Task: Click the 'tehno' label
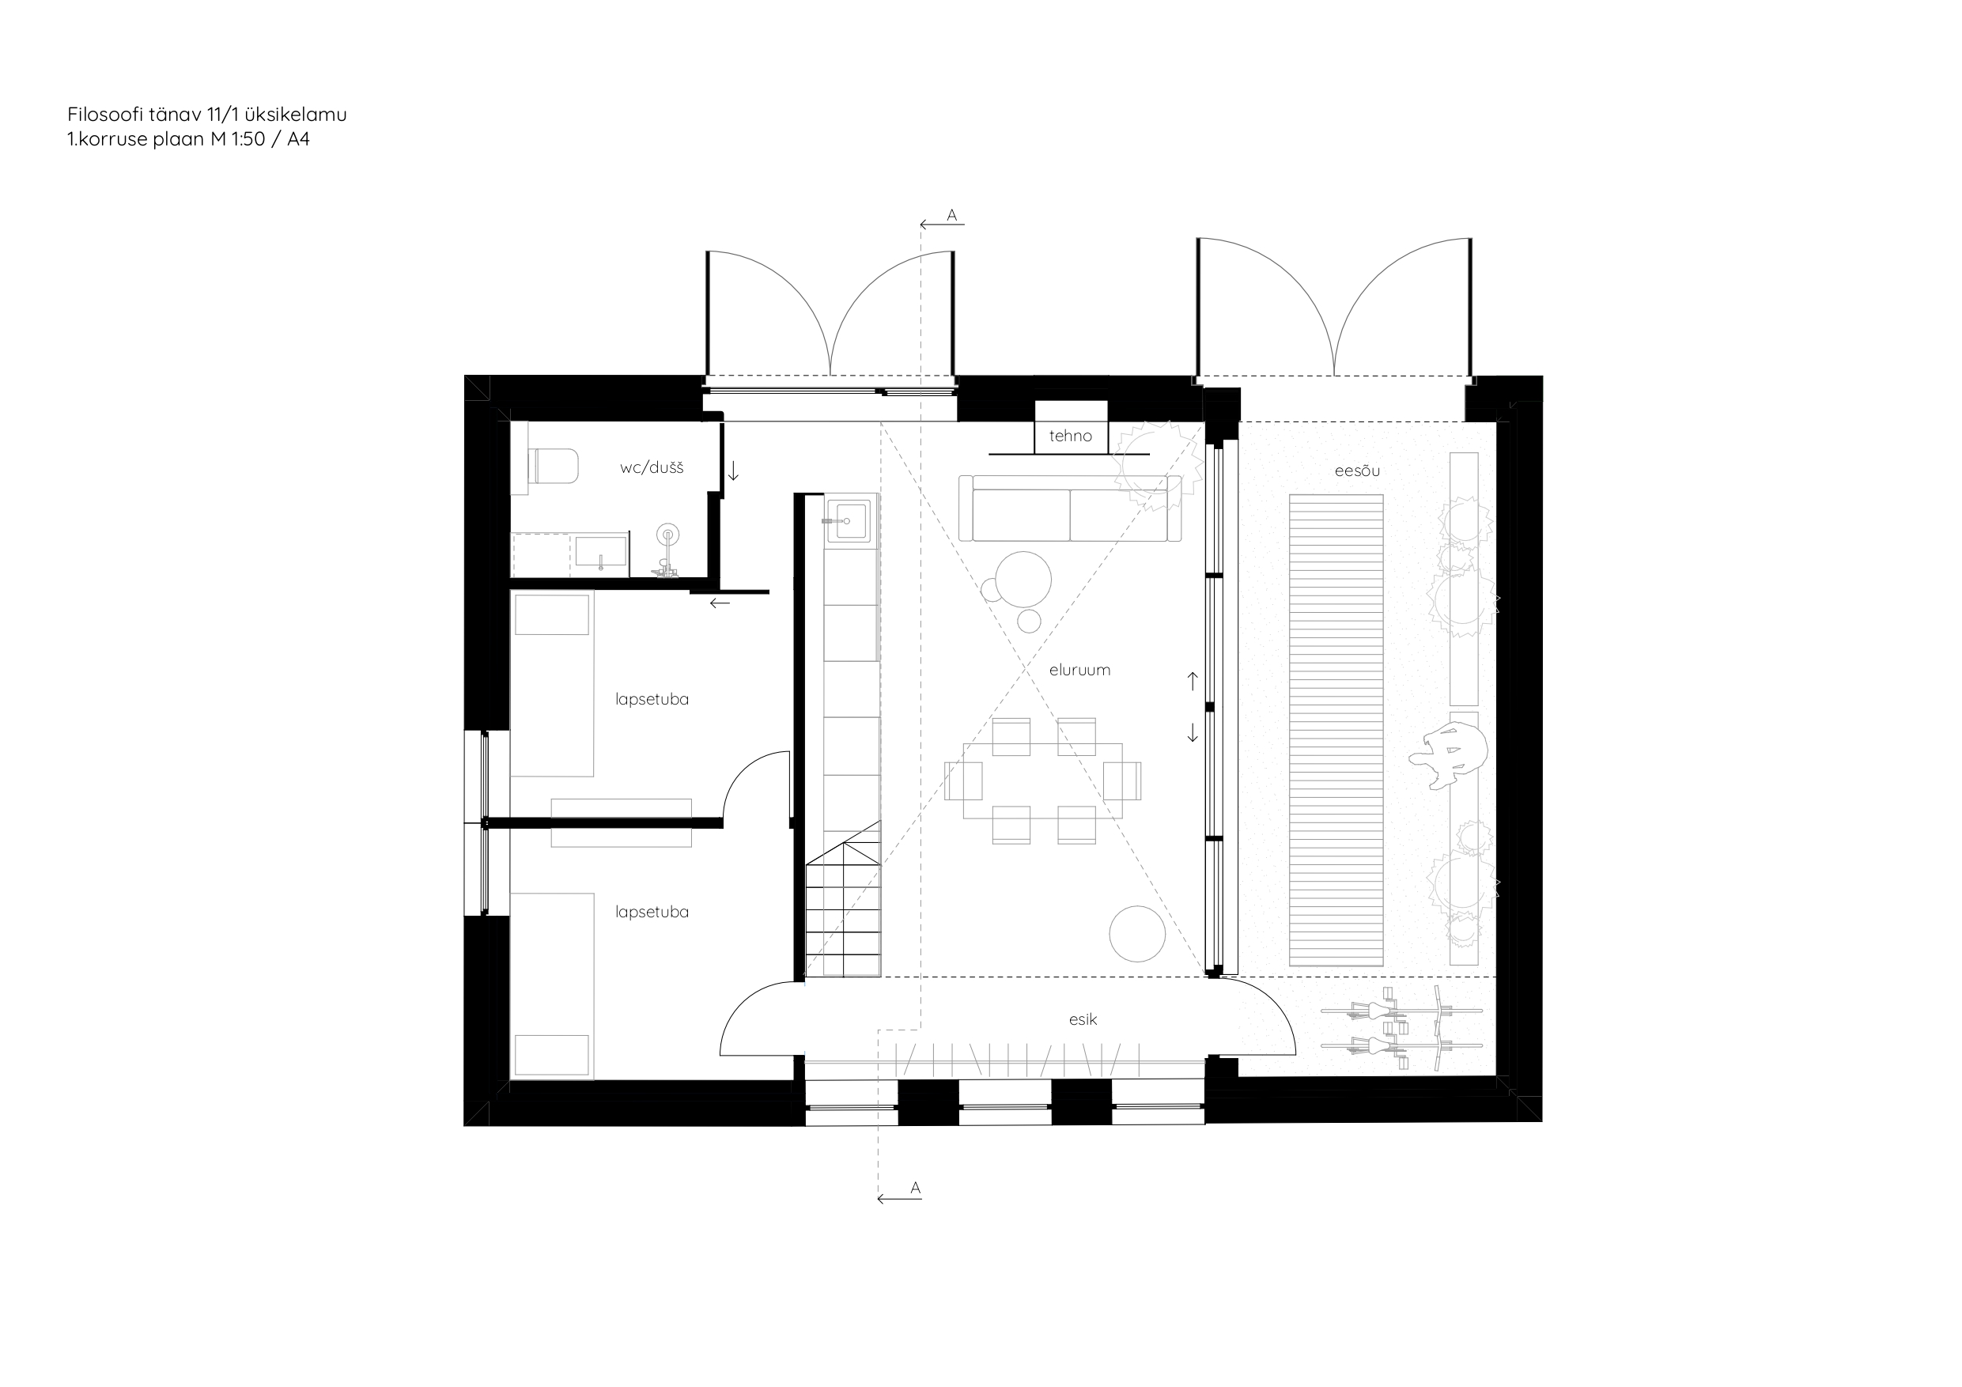(x=1070, y=436)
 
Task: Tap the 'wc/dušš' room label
(x=651, y=467)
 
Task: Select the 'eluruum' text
(x=1079, y=670)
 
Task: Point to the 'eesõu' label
(x=1357, y=470)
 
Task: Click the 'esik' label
(x=1083, y=1019)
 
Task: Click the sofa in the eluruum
(x=1070, y=508)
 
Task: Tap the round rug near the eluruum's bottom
(x=1136, y=934)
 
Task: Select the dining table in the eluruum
(x=1042, y=780)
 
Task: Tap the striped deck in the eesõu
(x=1336, y=730)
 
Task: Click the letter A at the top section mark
(x=952, y=215)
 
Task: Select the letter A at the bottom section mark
(x=915, y=1188)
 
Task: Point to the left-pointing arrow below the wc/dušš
(x=720, y=603)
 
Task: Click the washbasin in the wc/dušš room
(x=601, y=552)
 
